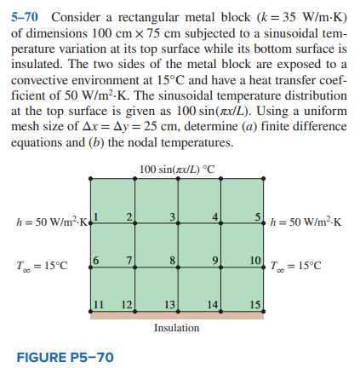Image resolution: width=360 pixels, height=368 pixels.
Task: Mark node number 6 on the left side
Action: [x=96, y=257]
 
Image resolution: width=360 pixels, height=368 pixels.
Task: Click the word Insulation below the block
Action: [x=176, y=327]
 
